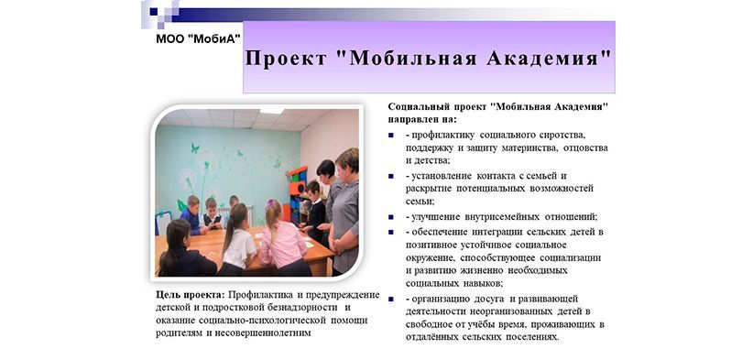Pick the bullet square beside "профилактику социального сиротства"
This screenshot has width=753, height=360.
point(391,136)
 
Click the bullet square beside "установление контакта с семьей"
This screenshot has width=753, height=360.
point(391,176)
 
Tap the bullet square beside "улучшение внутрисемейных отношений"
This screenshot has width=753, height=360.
point(391,217)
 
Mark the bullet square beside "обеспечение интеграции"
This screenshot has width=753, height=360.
point(391,233)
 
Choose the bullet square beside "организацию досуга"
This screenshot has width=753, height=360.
point(391,300)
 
